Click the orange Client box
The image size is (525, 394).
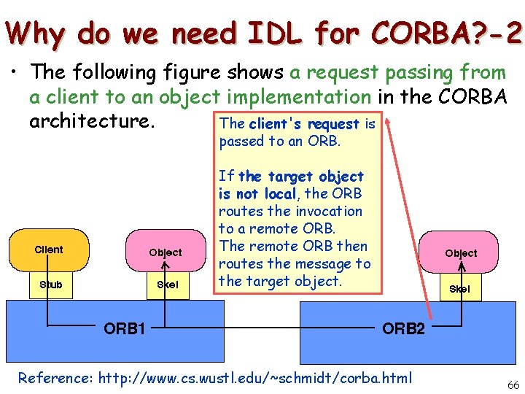[49, 250]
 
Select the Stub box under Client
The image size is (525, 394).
[50, 285]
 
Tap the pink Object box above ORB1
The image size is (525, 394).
[166, 252]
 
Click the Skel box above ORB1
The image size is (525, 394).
[167, 285]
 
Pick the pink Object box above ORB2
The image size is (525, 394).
[461, 253]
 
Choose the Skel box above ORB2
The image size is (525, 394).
[459, 289]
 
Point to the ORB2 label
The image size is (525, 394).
[403, 329]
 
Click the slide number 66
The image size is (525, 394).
[513, 385]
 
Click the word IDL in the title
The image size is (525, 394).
[279, 33]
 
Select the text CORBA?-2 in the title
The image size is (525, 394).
[446, 33]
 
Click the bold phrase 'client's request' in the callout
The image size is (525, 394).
[304, 124]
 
